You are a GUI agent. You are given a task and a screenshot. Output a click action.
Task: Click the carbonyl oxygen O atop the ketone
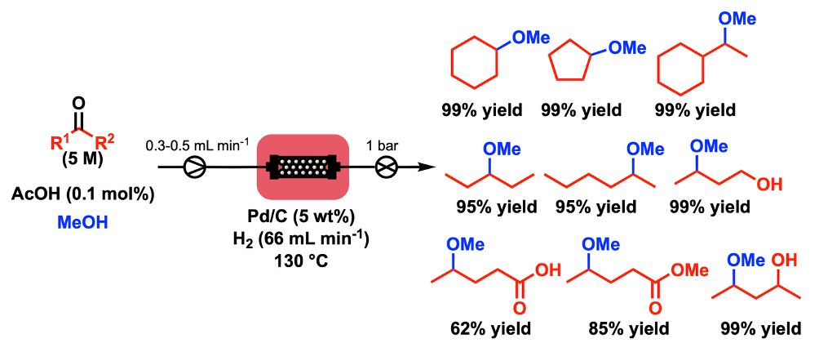[x=79, y=101]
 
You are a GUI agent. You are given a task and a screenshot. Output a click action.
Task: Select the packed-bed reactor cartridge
[x=303, y=167]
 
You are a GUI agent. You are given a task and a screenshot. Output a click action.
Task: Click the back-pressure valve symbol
[x=387, y=167]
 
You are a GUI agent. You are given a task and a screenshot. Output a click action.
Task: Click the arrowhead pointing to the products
[x=427, y=167]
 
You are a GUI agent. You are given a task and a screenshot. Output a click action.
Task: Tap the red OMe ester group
[x=689, y=270]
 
